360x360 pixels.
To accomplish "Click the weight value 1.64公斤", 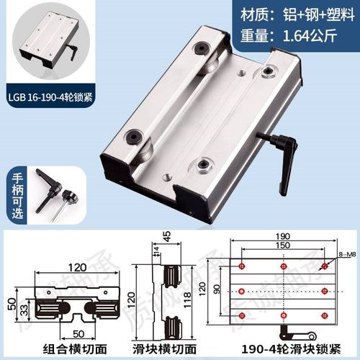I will click(312, 35).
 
